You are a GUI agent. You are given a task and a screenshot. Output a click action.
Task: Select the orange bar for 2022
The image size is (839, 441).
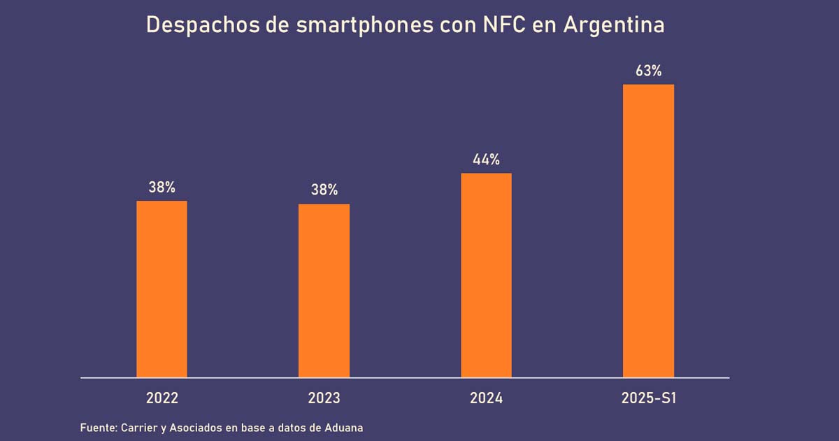click(162, 289)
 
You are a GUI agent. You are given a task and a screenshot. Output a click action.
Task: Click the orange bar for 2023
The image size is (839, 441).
click(324, 290)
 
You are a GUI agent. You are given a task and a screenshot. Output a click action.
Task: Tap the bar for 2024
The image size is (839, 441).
click(486, 275)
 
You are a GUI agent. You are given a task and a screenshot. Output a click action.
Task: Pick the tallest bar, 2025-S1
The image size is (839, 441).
click(648, 231)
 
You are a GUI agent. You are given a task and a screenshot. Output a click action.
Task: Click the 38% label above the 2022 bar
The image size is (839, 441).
click(162, 188)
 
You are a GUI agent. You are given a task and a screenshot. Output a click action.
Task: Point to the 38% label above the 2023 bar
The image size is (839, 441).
click(324, 190)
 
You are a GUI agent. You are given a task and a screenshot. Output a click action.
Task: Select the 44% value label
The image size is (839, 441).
click(486, 160)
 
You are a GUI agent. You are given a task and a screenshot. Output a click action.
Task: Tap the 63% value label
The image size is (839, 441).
click(648, 71)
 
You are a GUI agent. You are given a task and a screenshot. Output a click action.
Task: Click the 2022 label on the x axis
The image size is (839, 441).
click(162, 398)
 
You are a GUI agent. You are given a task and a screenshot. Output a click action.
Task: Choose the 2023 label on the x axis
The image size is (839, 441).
click(324, 398)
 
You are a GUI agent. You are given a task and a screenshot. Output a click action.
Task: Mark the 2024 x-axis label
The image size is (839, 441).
click(486, 398)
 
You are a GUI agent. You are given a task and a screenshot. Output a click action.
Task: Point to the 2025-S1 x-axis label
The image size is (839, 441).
click(649, 398)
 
